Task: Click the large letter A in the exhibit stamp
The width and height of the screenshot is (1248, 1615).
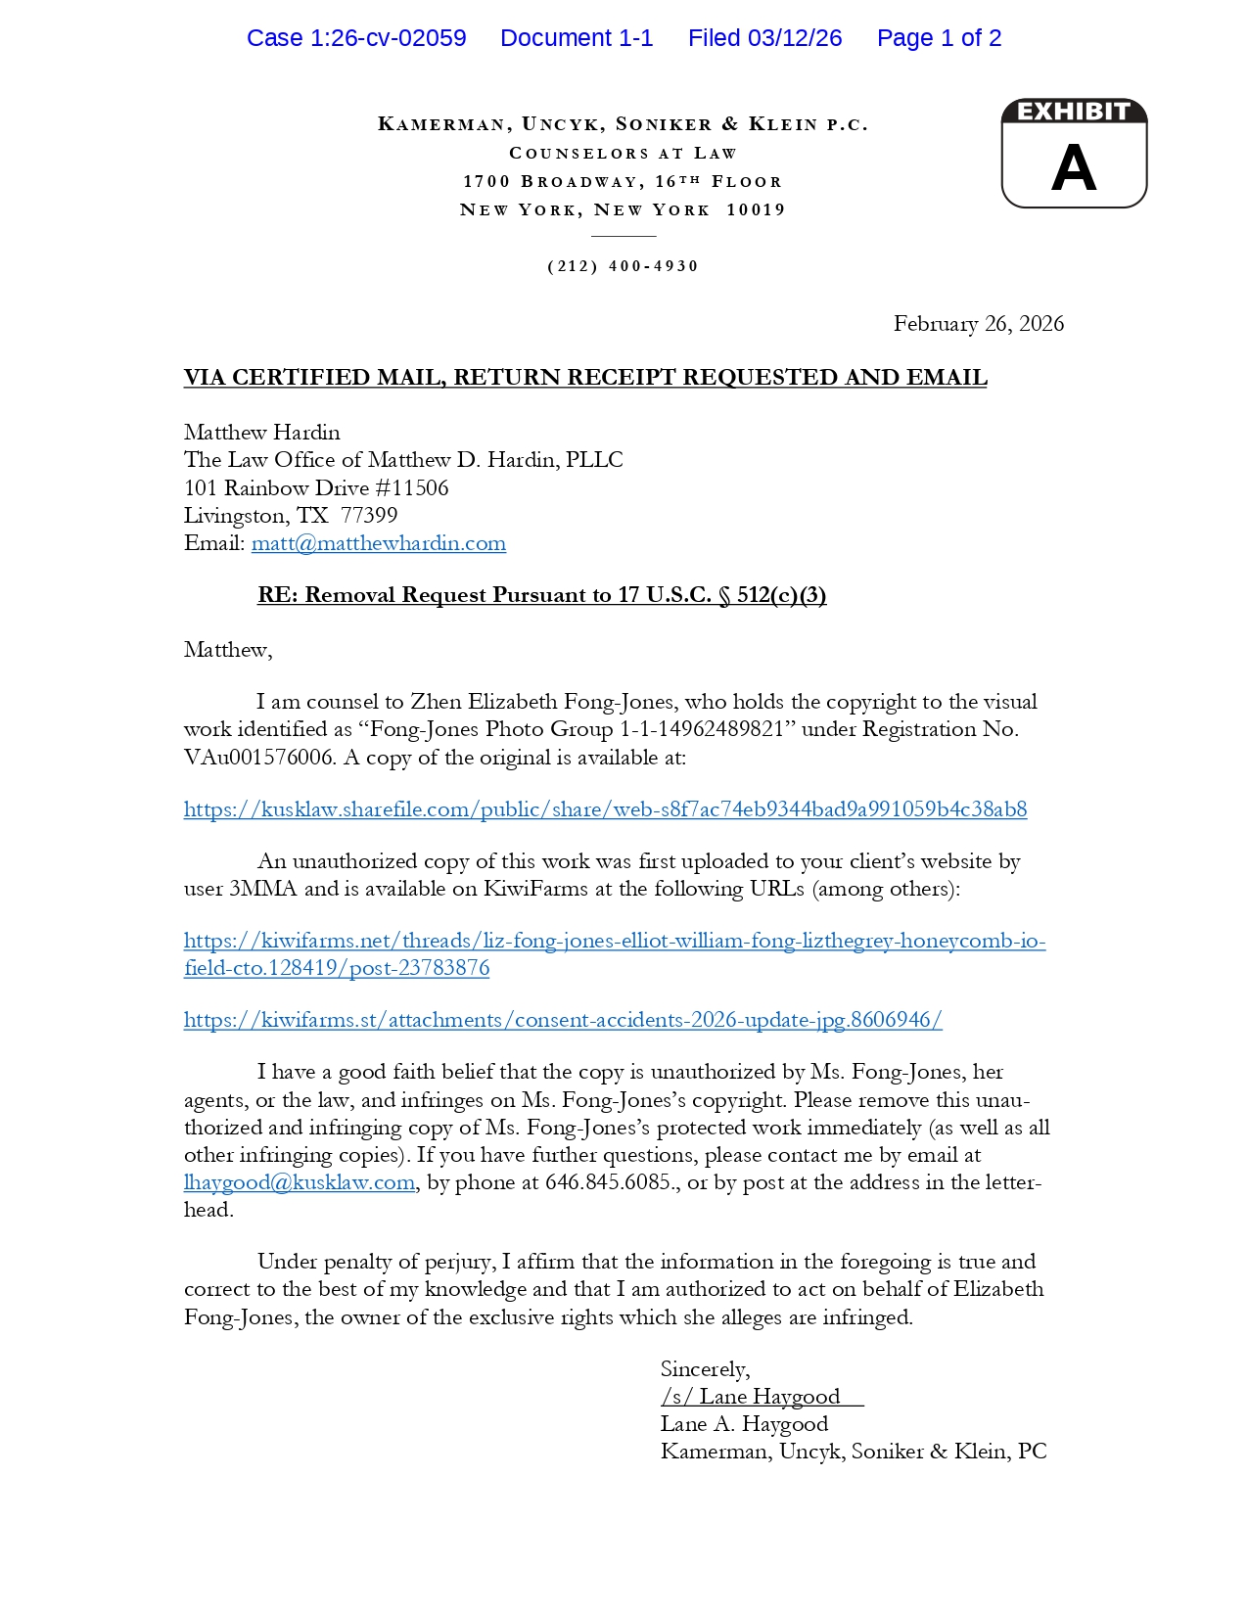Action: [x=1074, y=168]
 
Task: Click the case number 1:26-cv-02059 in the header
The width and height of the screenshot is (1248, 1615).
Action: [x=388, y=38]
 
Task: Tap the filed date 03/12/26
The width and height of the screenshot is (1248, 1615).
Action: [x=795, y=38]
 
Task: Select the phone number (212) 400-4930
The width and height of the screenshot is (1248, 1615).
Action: [x=623, y=266]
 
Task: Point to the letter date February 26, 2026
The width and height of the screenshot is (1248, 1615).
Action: [x=978, y=324]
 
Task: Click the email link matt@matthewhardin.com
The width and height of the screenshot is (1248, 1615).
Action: [x=379, y=543]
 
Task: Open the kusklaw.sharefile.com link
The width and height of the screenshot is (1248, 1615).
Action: [x=605, y=809]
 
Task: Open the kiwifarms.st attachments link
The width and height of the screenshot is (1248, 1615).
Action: [x=563, y=1020]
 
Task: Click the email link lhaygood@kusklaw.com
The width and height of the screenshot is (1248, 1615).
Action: [x=300, y=1182]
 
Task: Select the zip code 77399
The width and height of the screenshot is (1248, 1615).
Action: [x=369, y=516]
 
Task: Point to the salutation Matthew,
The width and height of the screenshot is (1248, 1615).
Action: [x=228, y=650]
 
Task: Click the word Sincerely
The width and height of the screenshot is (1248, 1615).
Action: [x=705, y=1369]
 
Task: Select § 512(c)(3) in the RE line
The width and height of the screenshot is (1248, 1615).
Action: [x=772, y=595]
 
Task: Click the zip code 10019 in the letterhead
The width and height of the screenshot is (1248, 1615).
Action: [x=756, y=209]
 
